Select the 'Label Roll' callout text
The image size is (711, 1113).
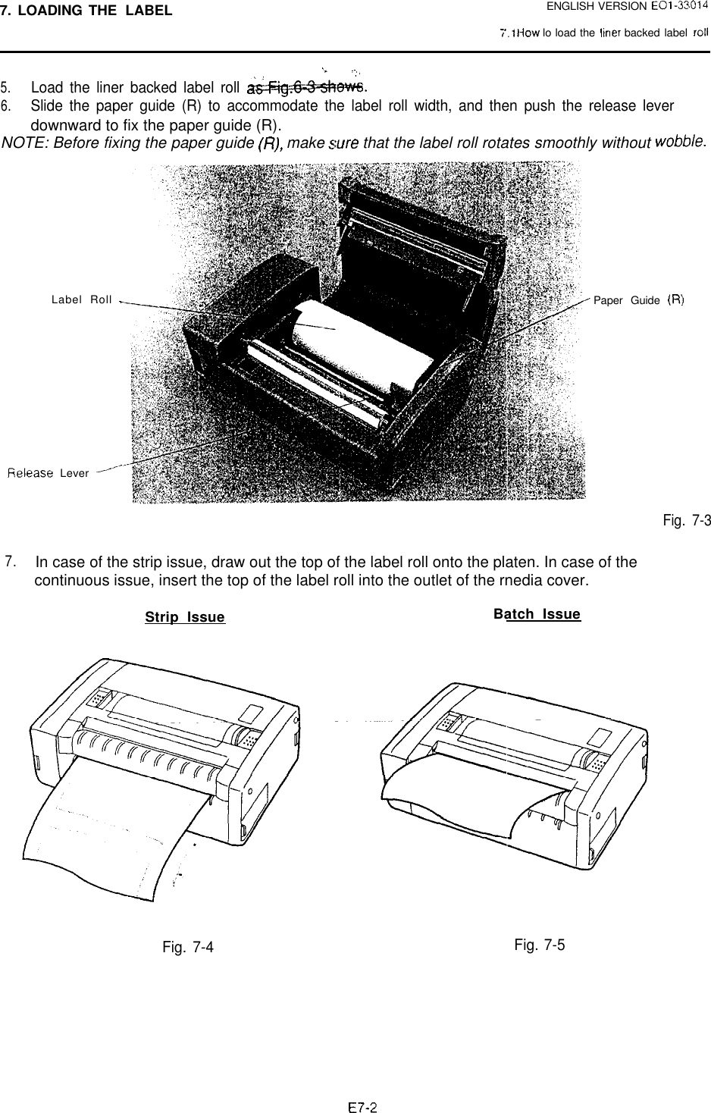point(81,299)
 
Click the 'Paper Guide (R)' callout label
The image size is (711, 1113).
point(639,300)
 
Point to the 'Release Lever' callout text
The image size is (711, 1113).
point(49,474)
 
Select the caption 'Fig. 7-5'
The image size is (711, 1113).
point(539,945)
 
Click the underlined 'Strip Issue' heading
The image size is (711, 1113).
point(185,617)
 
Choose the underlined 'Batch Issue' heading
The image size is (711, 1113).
point(537,614)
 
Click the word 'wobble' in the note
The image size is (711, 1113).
point(680,141)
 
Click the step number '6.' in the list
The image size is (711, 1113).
point(8,105)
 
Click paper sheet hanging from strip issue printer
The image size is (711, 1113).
point(114,826)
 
